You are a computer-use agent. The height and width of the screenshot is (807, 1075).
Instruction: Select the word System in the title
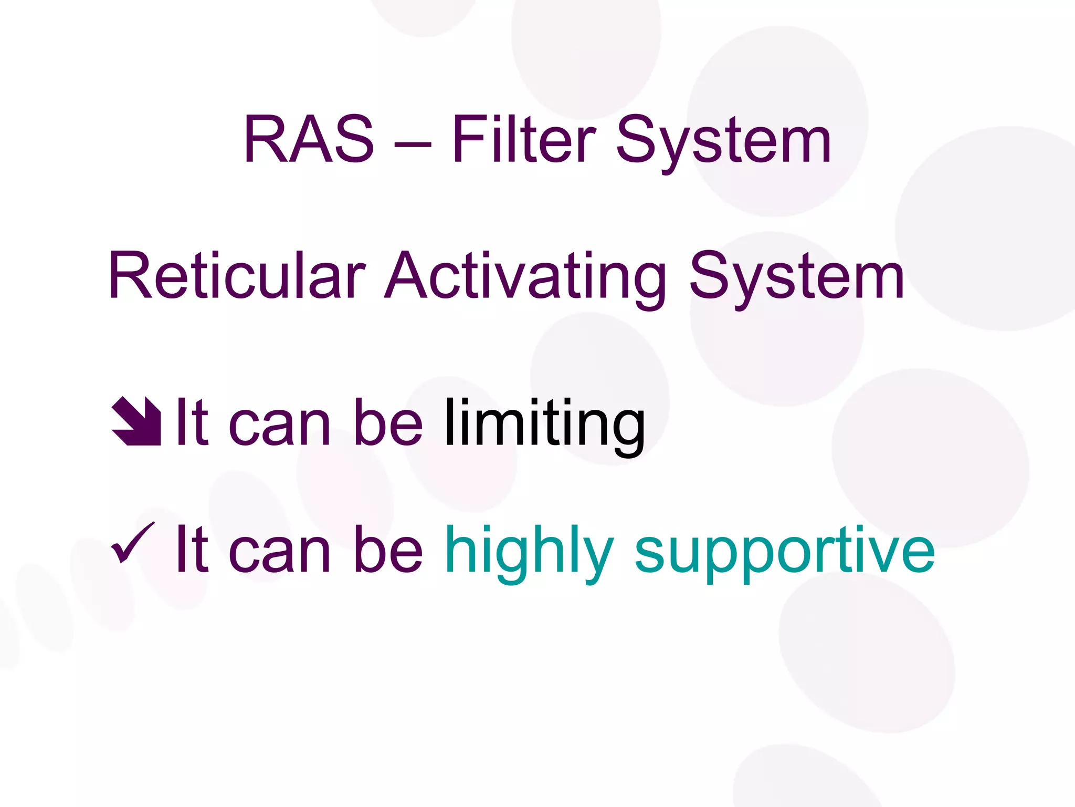pos(723,142)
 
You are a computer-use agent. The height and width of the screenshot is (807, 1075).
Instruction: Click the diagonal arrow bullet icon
pos(136,421)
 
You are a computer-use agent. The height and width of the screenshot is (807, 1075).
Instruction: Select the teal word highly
pos(529,552)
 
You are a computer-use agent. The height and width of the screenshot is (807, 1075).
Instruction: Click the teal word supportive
pos(785,552)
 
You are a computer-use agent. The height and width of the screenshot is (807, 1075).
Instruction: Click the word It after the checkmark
pos(192,549)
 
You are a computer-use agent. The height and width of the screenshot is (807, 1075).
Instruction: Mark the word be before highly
pos(388,549)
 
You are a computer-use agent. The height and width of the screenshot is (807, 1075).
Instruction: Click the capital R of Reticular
pos(129,276)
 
